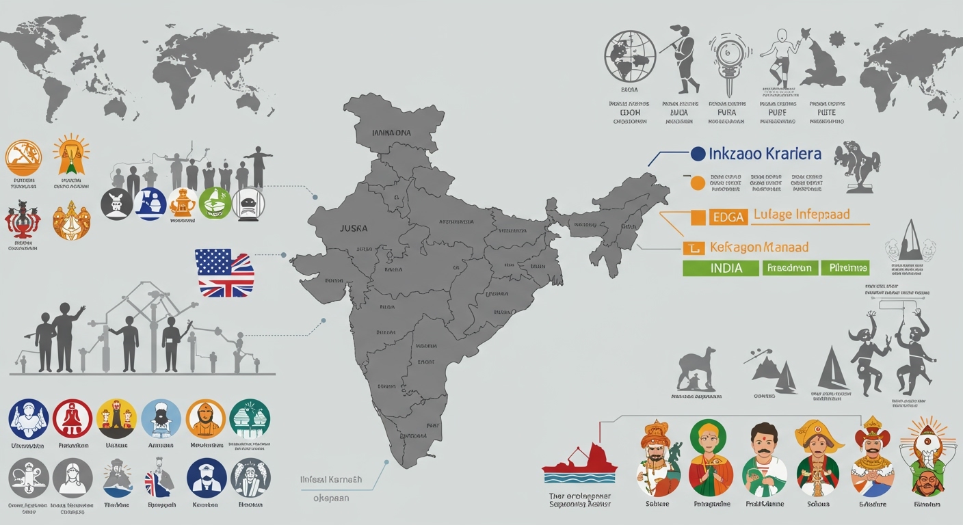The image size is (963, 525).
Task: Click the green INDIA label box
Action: click(x=721, y=268)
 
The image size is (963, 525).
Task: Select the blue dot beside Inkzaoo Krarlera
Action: click(x=698, y=154)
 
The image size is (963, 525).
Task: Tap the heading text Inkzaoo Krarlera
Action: click(x=765, y=154)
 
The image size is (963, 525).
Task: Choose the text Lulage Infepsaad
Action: click(x=801, y=215)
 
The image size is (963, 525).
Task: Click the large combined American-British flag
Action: click(x=224, y=273)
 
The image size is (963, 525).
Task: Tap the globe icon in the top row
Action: click(x=630, y=57)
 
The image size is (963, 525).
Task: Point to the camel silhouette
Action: click(x=698, y=370)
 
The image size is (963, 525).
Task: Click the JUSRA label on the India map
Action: click(x=354, y=228)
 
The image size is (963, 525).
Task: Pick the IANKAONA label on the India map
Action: click(x=391, y=133)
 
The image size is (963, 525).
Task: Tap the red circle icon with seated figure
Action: click(x=72, y=418)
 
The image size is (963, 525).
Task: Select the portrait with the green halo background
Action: click(x=711, y=458)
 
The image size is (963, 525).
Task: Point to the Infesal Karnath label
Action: click(x=331, y=480)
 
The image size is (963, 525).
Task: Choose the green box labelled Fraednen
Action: click(x=789, y=268)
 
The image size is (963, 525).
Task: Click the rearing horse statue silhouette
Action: click(x=856, y=164)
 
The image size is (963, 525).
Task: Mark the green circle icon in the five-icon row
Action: click(x=215, y=203)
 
